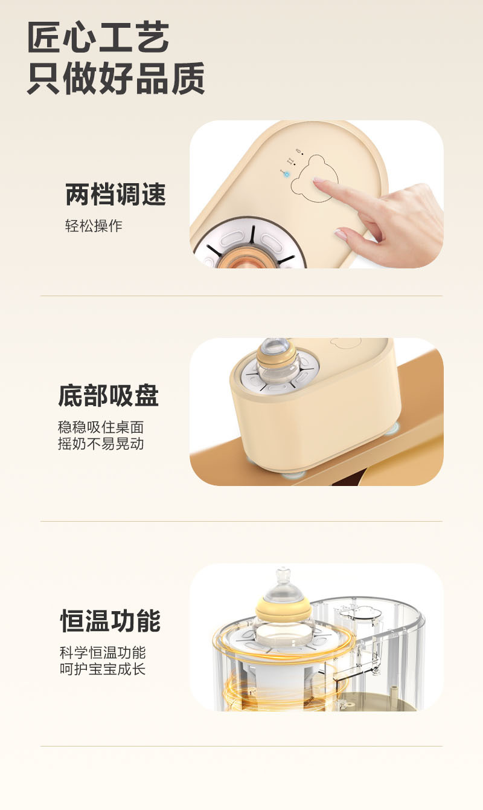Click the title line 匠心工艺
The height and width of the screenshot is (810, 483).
pos(98,37)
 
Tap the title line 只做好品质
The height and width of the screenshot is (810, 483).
pos(116,78)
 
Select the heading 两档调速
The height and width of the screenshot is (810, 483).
pos(115,195)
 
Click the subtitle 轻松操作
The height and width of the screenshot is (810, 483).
pos(94,226)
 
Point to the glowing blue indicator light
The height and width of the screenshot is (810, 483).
pos(287,174)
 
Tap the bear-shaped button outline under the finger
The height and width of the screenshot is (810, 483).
pos(313,176)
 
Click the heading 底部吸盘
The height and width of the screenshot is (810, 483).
pos(109,396)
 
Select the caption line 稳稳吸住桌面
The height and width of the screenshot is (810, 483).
pos(101,427)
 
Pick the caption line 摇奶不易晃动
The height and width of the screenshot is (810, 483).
pos(101,443)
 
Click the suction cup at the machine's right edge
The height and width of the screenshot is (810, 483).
pos(392,428)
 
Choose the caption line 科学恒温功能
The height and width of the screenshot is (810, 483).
pos(103,653)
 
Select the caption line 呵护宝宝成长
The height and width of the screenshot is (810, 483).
pos(103,669)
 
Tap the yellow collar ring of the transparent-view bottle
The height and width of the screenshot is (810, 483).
pos(283,607)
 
